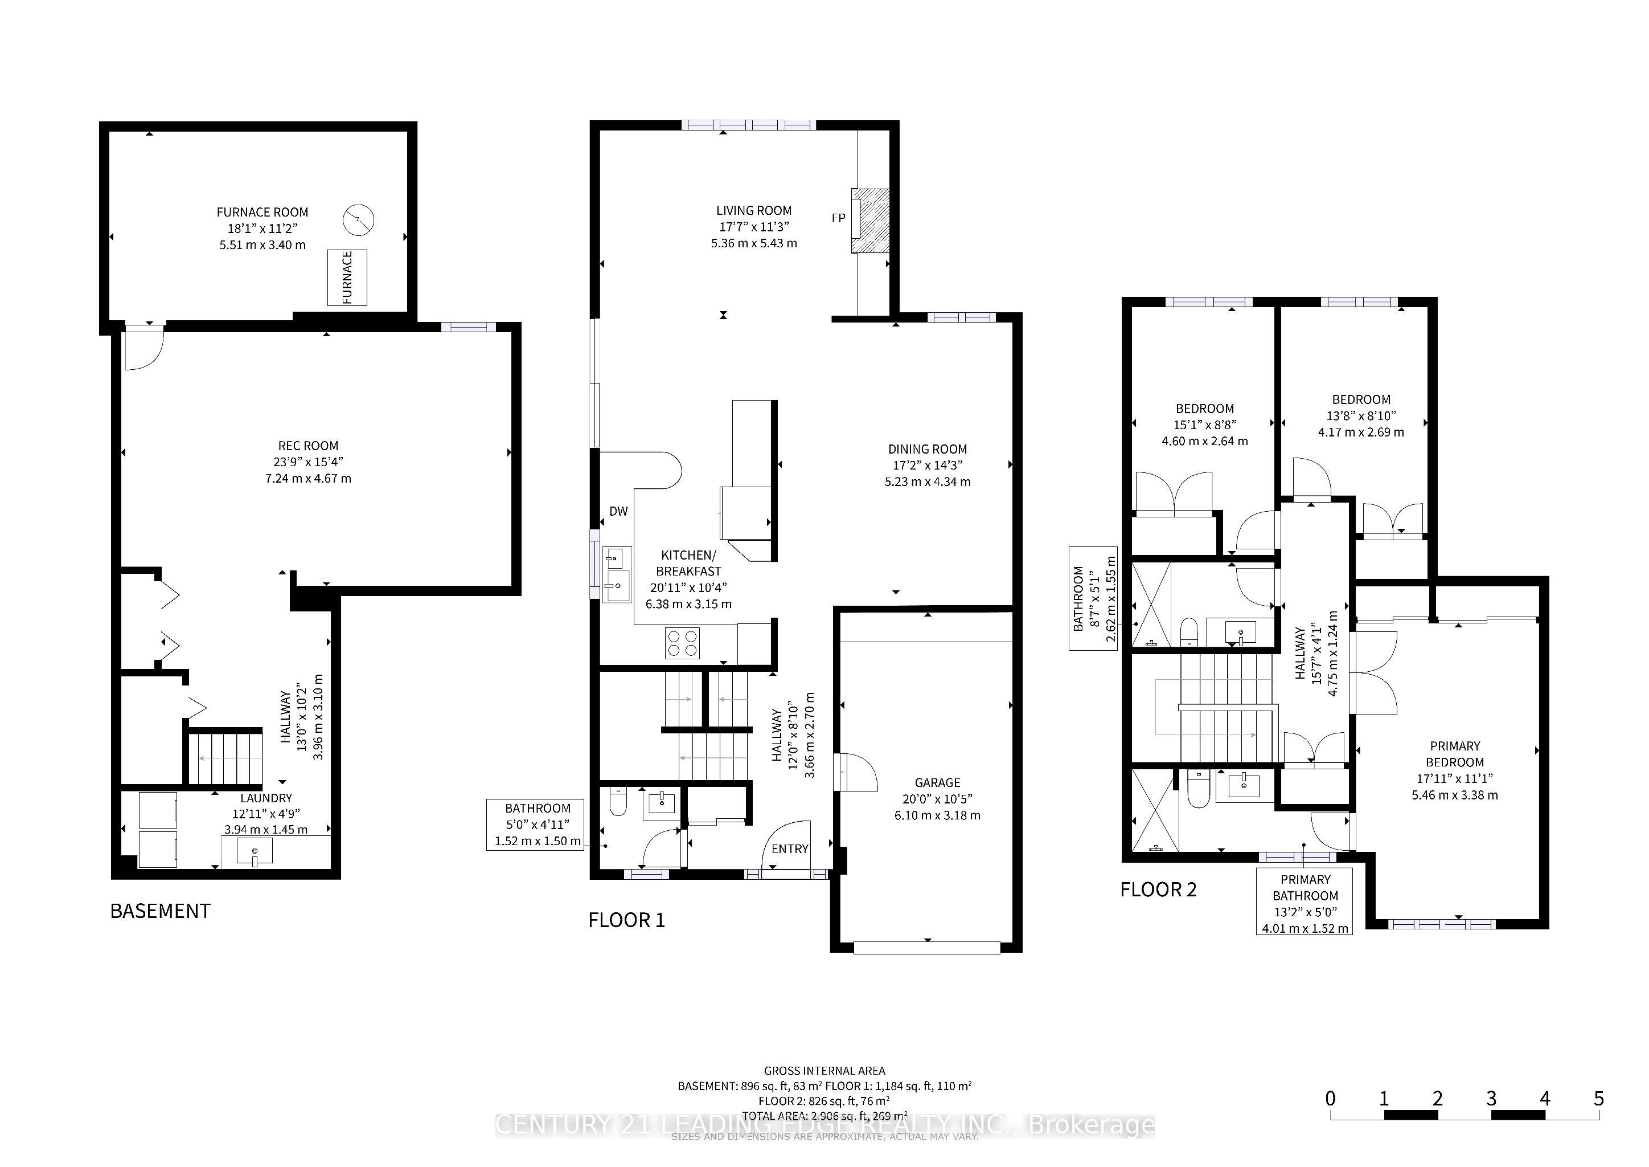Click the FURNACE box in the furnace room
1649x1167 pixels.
pyautogui.click(x=347, y=278)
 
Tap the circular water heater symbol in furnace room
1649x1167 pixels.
pyautogui.click(x=358, y=220)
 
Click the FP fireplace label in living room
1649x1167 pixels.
pyautogui.click(x=838, y=218)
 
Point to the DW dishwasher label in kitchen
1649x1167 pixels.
pyautogui.click(x=618, y=512)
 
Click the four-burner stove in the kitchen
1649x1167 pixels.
pyautogui.click(x=682, y=643)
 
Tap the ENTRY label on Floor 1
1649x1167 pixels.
pyautogui.click(x=790, y=848)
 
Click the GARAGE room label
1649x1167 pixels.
pyautogui.click(x=937, y=782)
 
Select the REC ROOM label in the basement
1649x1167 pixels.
pyautogui.click(x=308, y=446)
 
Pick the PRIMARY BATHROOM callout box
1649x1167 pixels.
pyautogui.click(x=1305, y=903)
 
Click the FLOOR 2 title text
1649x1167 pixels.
pyautogui.click(x=1158, y=889)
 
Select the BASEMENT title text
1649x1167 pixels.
pyautogui.click(x=160, y=911)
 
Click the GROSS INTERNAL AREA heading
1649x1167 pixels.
pyautogui.click(x=824, y=1071)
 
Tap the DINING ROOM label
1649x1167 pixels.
pyautogui.click(x=927, y=449)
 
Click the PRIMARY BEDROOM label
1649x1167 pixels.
pyautogui.click(x=1454, y=754)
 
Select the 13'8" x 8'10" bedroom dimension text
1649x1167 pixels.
pyautogui.click(x=1361, y=416)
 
